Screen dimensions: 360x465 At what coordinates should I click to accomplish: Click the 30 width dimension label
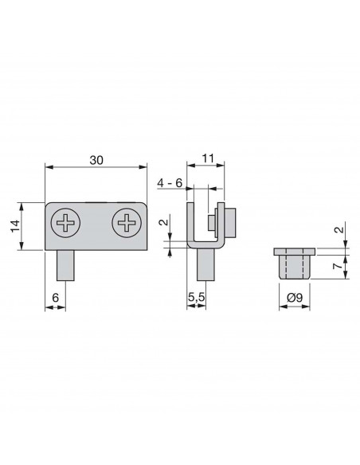pyautogui.click(x=96, y=160)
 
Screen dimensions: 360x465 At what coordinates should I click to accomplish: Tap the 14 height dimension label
pyautogui.click(x=15, y=226)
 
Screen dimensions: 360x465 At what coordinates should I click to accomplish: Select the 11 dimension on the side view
pyautogui.click(x=208, y=158)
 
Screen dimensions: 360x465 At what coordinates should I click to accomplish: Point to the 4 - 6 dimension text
pyautogui.click(x=170, y=183)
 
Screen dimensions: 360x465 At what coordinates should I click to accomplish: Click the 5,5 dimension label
pyautogui.click(x=196, y=297)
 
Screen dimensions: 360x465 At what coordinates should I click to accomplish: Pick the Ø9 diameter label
pyautogui.click(x=295, y=297)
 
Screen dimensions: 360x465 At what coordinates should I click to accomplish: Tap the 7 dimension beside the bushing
pyautogui.click(x=338, y=266)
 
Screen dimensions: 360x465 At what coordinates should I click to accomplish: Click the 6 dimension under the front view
pyautogui.click(x=56, y=298)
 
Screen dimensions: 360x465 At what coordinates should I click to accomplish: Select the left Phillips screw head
pyautogui.click(x=65, y=222)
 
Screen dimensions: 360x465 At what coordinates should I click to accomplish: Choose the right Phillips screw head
pyautogui.click(x=127, y=222)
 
